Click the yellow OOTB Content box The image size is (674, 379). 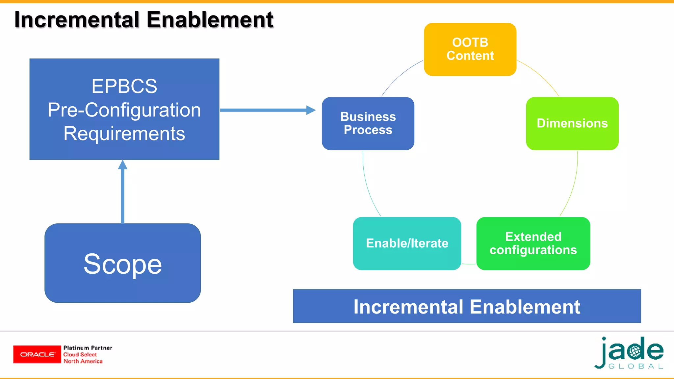(470, 49)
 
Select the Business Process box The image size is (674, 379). (368, 123)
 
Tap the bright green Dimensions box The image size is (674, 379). (572, 123)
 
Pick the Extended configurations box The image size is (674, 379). (533, 243)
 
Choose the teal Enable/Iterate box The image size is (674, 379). (407, 243)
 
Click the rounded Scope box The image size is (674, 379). (122, 263)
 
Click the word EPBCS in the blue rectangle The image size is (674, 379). (124, 86)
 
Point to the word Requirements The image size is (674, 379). (124, 134)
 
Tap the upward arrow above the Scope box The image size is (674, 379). (123, 191)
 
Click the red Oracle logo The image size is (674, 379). (37, 354)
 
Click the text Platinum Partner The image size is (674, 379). (88, 348)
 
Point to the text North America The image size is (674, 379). (83, 361)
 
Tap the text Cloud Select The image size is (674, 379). (80, 355)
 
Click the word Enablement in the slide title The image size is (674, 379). (210, 20)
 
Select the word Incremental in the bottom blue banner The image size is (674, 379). (408, 307)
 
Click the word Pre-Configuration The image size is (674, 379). (124, 110)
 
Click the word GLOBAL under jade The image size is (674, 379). (635, 366)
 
